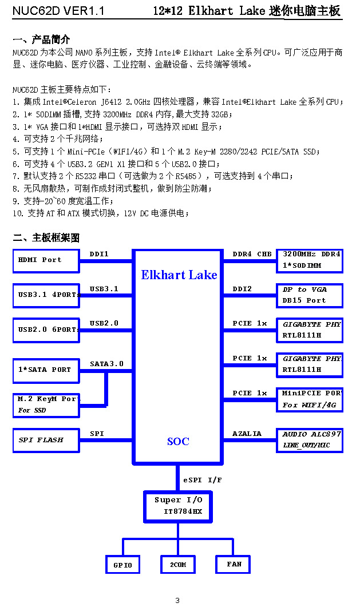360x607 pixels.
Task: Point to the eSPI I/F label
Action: click(x=203, y=480)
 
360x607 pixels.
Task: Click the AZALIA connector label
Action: click(x=247, y=434)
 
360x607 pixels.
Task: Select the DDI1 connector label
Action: click(x=99, y=254)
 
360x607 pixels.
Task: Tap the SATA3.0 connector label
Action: click(x=107, y=364)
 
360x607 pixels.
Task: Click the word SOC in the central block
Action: click(x=178, y=441)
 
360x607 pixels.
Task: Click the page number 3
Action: click(x=177, y=600)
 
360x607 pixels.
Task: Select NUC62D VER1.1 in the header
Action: click(x=58, y=11)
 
